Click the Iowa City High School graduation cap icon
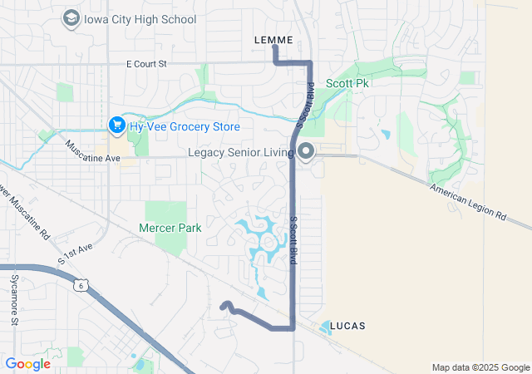click(71, 18)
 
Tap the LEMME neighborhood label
click(273, 39)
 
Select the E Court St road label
click(146, 63)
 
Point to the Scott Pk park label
click(347, 83)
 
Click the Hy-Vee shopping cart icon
click(116, 125)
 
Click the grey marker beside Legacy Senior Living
click(306, 152)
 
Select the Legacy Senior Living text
click(241, 153)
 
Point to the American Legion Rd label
click(468, 202)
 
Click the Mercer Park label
click(170, 227)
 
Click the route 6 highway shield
click(80, 285)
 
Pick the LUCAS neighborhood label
click(347, 325)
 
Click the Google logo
click(27, 364)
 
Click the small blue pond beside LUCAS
click(324, 327)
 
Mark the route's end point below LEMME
click(275, 47)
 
